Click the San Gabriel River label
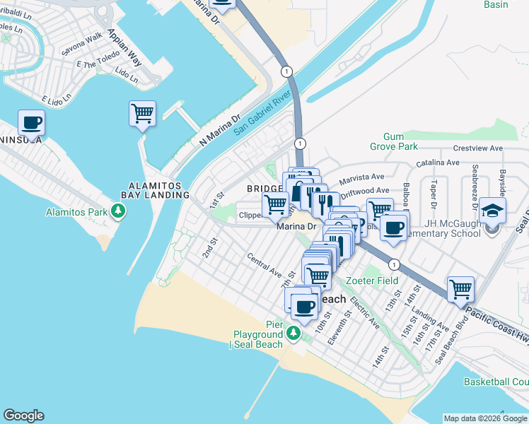262,110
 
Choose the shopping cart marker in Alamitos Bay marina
142,114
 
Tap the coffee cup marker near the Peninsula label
32,122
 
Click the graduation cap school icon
492,210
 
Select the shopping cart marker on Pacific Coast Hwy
460,288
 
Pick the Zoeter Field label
380,281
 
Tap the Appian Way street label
125,48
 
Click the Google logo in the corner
23,416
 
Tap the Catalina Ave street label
438,163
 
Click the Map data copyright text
485,418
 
